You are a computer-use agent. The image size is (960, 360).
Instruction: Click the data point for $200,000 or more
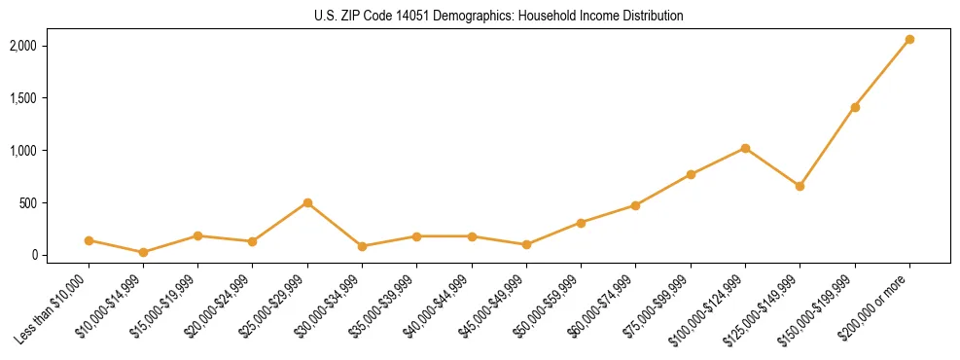[909, 40]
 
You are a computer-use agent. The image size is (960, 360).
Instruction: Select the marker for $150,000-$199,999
[855, 107]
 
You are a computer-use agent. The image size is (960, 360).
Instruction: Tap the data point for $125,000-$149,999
[800, 186]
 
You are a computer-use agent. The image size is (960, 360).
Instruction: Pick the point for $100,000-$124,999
[745, 148]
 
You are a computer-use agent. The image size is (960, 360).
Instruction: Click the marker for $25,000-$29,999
[307, 202]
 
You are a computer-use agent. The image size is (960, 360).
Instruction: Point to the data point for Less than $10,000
[89, 240]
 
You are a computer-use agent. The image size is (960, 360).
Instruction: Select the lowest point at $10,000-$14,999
[143, 252]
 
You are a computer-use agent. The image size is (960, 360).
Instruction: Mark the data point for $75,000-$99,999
[691, 174]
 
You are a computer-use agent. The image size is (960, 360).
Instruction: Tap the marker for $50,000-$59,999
[581, 223]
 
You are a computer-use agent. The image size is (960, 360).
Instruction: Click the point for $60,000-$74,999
[635, 205]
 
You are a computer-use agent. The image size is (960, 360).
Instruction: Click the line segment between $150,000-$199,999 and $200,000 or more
[882, 74]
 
